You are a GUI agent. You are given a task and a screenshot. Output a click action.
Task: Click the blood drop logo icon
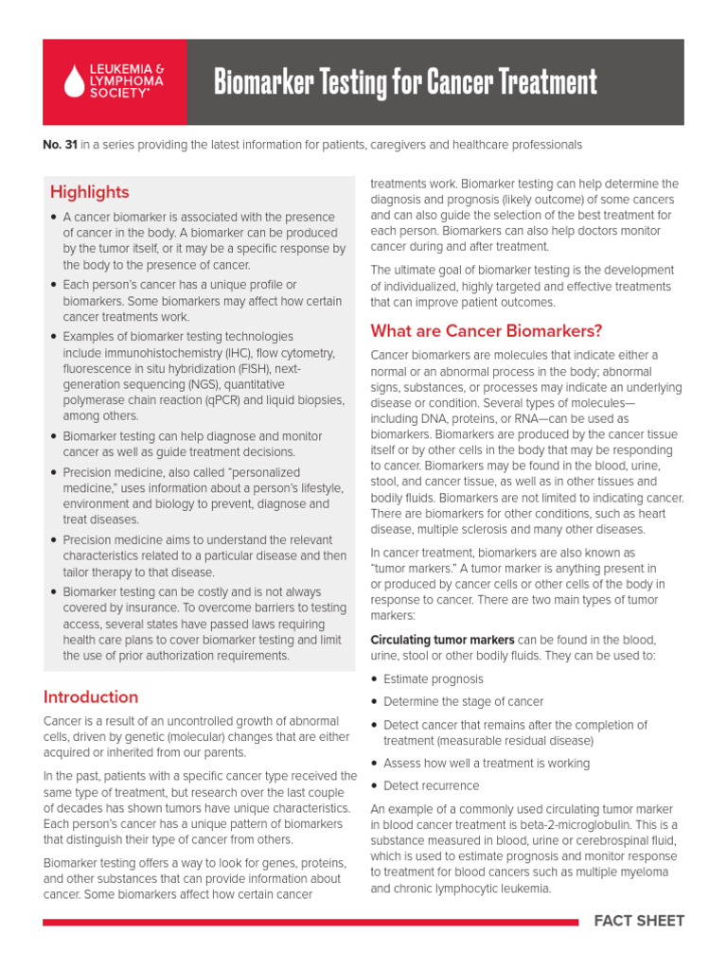click(x=74, y=81)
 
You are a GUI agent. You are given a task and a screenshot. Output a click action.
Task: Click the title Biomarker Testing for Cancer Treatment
click(x=405, y=83)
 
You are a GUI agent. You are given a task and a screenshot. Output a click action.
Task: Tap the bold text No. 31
click(x=58, y=145)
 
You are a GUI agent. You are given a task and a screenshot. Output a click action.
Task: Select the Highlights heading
click(x=90, y=192)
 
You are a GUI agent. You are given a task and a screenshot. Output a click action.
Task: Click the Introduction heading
click(x=91, y=697)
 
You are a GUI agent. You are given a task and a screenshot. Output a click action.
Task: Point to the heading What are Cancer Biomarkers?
click(x=487, y=331)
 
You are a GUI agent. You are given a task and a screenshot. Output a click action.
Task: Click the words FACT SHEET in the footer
click(x=639, y=921)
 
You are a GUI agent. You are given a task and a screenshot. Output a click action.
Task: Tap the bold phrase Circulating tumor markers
click(x=442, y=640)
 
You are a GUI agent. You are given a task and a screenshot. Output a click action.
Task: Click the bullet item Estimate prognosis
click(x=433, y=679)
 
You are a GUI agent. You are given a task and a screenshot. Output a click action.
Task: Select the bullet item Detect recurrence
click(x=431, y=785)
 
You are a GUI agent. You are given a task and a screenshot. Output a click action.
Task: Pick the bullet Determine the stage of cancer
click(x=463, y=702)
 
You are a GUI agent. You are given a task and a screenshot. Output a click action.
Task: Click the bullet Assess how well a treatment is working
click(x=486, y=763)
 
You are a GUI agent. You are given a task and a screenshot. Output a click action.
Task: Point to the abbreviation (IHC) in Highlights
click(x=229, y=353)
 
